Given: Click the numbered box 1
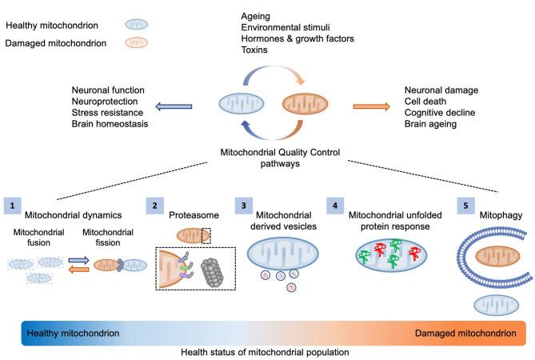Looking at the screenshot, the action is point(13,206).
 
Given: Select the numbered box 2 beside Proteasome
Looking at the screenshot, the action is point(155,206).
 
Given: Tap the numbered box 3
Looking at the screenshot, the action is point(244,206).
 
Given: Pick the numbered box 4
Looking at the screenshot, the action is point(335,206).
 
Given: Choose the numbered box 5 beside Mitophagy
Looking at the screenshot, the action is point(465,206).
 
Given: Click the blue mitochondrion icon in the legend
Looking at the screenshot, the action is point(137,25).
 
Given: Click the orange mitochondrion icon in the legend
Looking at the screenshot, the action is point(137,42).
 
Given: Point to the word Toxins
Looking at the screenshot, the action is point(254,50).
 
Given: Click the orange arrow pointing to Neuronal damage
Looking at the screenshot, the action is point(371,107).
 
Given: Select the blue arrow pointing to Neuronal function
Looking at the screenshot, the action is point(174,107).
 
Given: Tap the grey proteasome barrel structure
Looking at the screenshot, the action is point(212,272).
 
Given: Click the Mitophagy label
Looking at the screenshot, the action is point(501,215).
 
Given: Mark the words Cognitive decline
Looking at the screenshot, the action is point(440,113).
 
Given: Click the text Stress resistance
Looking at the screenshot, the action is point(107,113).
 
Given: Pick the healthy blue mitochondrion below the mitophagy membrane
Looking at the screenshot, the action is point(496,305).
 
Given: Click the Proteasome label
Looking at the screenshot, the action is point(194,215).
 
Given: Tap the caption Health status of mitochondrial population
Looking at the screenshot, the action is point(265,352).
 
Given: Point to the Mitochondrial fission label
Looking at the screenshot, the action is point(108,238).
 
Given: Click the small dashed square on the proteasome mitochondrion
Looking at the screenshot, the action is point(206,236).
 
